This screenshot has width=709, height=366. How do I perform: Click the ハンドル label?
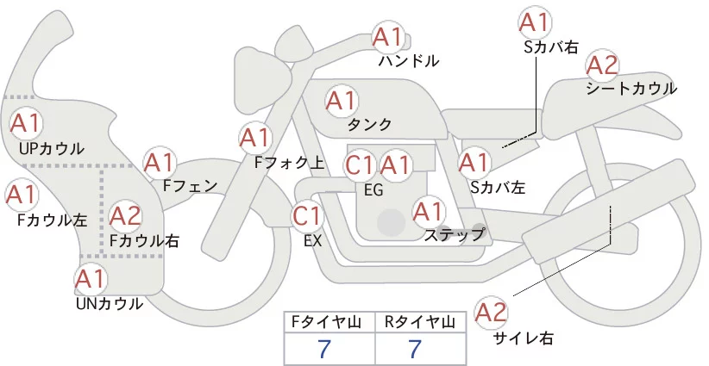409,61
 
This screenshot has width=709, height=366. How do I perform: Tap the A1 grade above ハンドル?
387,37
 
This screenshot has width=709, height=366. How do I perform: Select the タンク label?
369,124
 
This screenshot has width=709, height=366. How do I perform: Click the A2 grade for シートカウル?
602,65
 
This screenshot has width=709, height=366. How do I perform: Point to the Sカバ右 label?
550,47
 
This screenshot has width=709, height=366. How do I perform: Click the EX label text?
312,241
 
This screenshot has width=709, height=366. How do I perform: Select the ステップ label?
455,233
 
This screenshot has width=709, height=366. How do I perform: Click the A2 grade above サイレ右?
493,313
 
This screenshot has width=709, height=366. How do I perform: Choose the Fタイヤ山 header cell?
329,322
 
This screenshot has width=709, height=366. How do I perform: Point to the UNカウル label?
109,303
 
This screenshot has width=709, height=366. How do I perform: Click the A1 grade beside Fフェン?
159,161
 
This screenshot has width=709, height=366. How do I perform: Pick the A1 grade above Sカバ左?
474,161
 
